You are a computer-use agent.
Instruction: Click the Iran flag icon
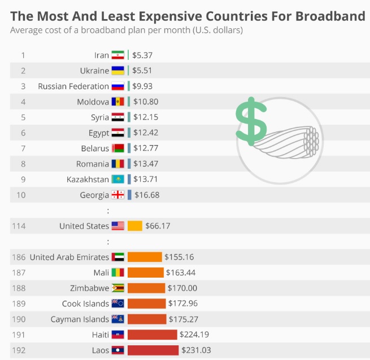117,55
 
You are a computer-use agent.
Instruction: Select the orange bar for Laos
153,350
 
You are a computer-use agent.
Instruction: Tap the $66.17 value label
158,226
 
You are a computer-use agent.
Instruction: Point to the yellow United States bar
134,226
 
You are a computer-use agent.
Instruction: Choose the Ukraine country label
94,71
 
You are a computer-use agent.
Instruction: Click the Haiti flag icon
117,335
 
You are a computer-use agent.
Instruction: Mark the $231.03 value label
196,350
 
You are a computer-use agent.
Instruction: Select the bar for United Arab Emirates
145,257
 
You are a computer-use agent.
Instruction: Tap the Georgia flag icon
117,195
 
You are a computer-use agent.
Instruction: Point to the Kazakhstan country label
88,179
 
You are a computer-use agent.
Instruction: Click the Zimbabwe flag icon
117,288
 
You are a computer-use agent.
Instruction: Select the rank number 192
19,350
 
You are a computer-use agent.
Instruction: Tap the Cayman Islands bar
147,319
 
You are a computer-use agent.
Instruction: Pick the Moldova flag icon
117,102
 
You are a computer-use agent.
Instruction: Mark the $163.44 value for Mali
180,273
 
